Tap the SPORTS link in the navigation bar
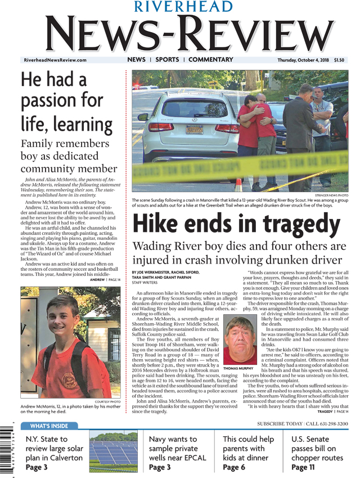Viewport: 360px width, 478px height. coord(167,60)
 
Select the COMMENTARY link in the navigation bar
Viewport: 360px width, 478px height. coord(210,60)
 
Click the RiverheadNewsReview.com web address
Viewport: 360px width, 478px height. coord(55,60)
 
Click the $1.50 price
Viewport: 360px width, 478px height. coord(340,60)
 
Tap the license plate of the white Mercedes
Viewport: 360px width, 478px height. coord(194,129)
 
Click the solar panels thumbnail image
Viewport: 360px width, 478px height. coord(113,452)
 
